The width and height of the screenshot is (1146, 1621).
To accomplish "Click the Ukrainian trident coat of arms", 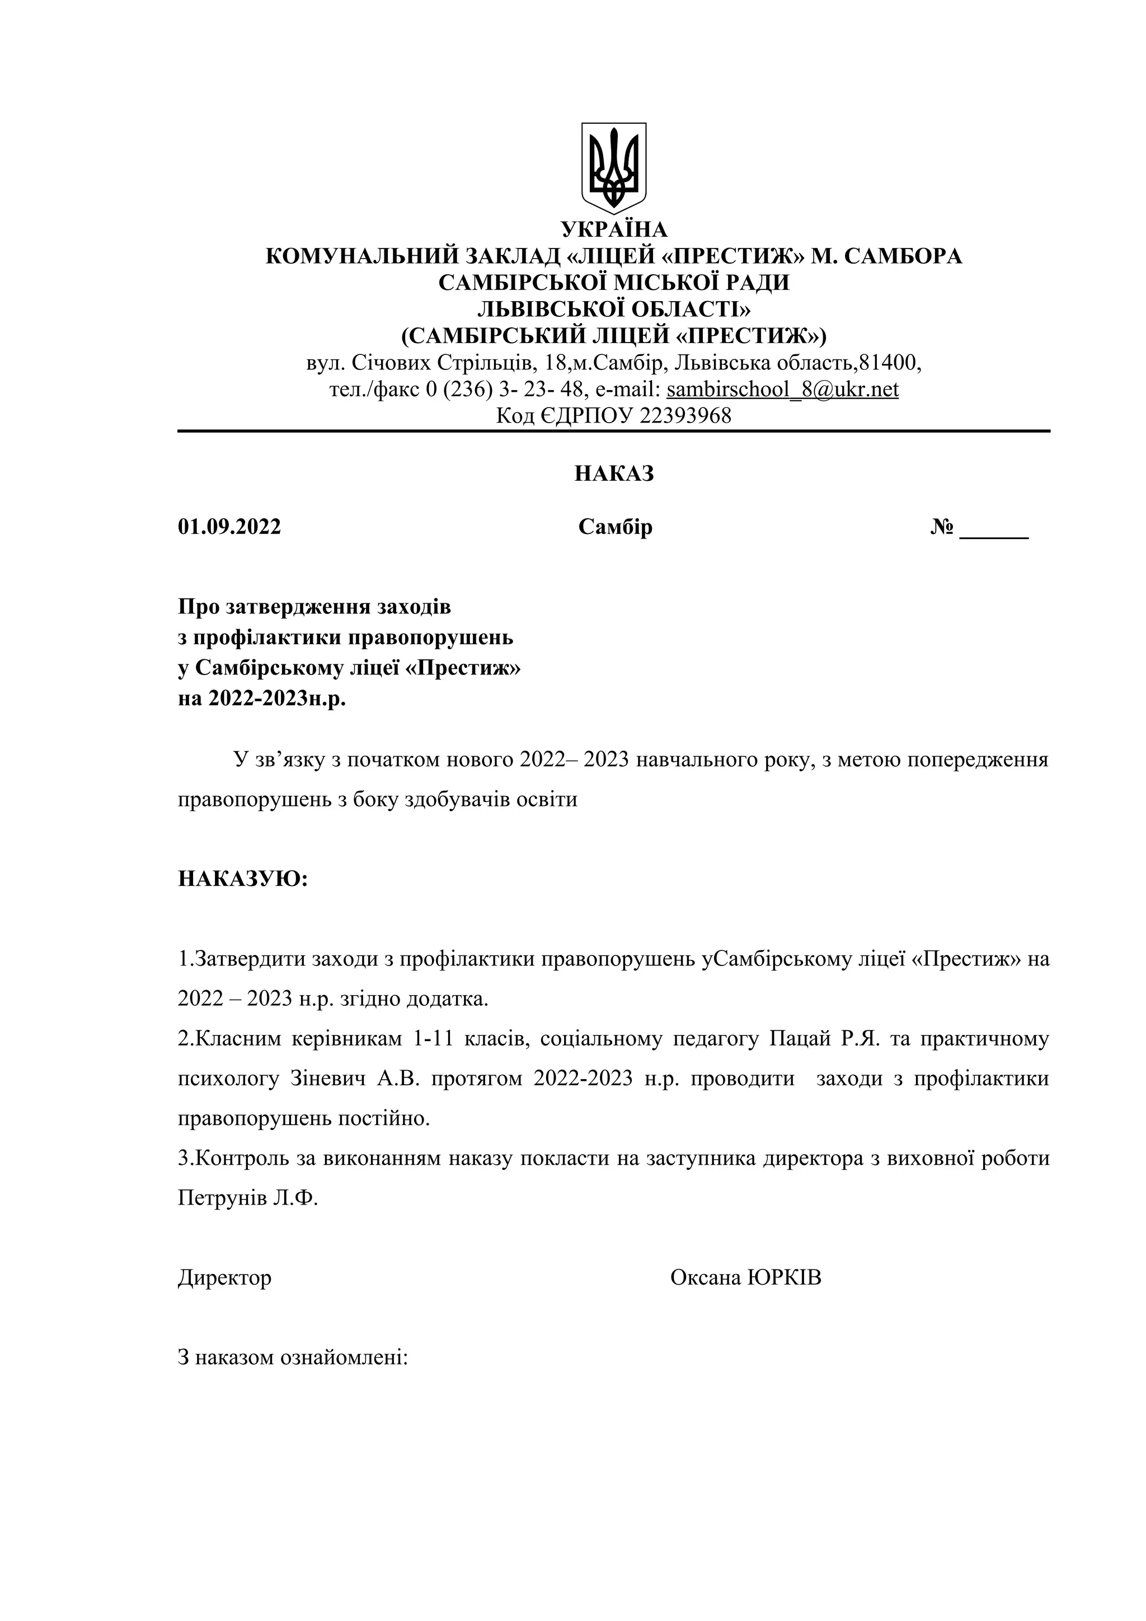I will coord(613,168).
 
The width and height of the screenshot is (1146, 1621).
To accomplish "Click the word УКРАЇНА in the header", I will coord(614,229).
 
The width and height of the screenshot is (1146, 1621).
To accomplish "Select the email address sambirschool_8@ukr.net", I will coord(782,389).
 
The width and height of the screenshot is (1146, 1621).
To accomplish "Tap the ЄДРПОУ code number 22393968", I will coord(685,415).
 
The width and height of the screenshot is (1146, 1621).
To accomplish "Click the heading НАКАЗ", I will coord(614,473).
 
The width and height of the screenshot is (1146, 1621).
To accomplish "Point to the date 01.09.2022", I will coord(229,527).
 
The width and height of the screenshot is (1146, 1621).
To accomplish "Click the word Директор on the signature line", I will coord(224,1278).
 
